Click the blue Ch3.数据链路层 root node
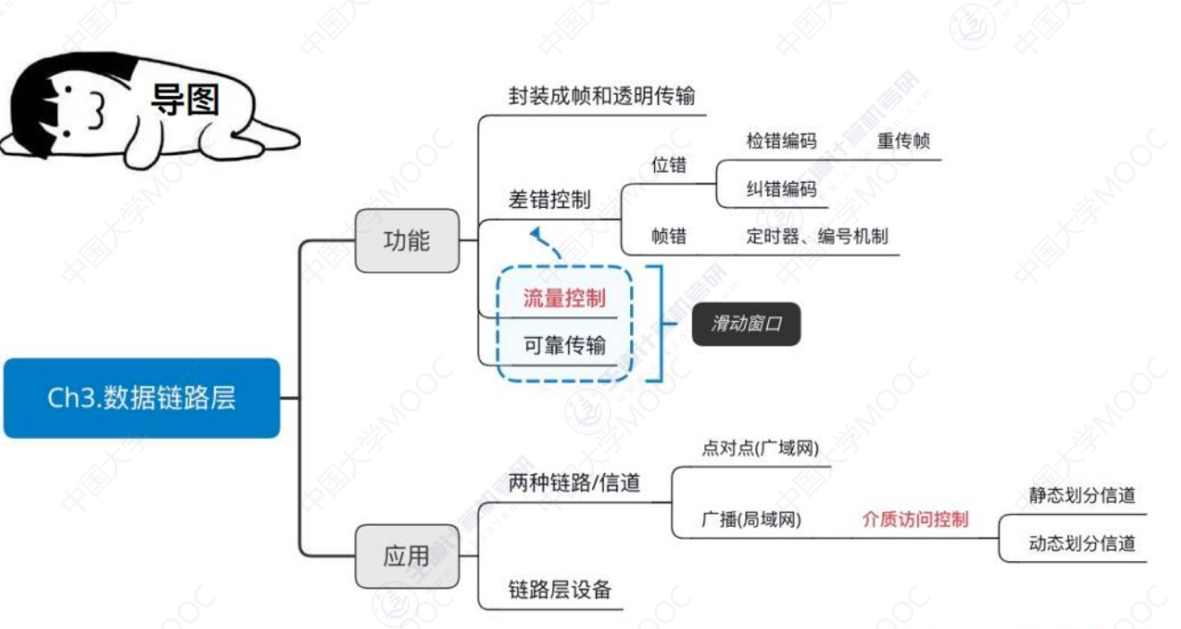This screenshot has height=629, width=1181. click(142, 398)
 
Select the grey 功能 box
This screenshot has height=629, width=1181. click(407, 240)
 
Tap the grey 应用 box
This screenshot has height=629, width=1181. click(407, 556)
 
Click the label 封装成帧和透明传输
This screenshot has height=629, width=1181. click(601, 96)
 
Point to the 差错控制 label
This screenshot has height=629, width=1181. click(549, 200)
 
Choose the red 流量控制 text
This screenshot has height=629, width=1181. click(565, 298)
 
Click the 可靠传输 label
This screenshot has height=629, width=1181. click(565, 345)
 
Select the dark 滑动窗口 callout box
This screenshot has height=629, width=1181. click(746, 323)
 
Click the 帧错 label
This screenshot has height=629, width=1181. click(668, 236)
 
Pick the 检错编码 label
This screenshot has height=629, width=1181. click(781, 141)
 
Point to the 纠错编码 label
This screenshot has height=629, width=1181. click(781, 189)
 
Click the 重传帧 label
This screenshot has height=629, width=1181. click(903, 141)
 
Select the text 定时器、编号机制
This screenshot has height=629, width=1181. click(817, 236)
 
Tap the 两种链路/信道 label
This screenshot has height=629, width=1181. click(574, 483)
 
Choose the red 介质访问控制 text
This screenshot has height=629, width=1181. click(915, 519)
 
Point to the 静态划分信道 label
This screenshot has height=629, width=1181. click(1082, 495)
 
